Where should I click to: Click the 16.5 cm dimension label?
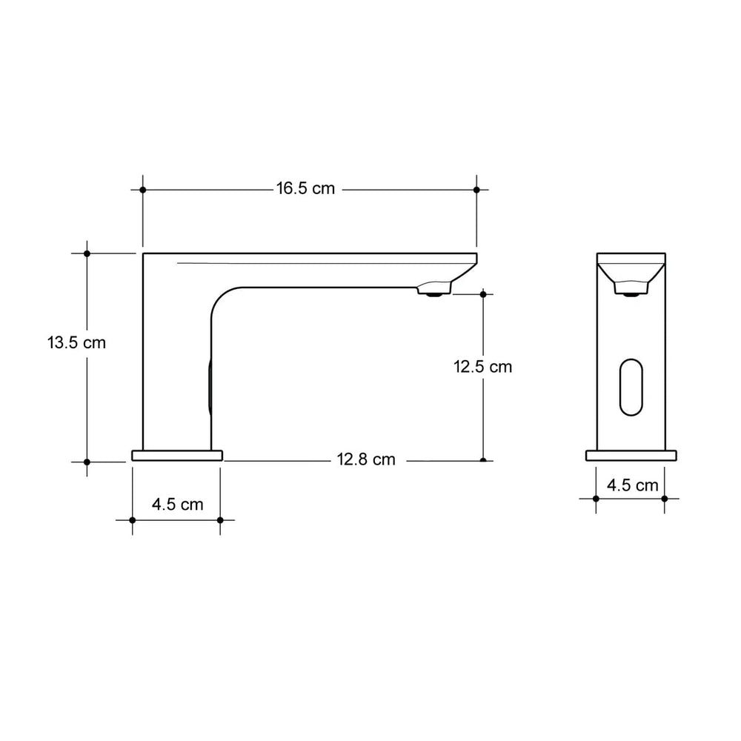pos(305,189)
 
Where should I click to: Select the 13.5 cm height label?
pos(76,343)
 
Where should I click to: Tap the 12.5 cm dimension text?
pos(482,366)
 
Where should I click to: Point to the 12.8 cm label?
pos(366,460)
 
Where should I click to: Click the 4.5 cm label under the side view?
pos(177,505)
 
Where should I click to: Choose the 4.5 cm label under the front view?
pos(632,485)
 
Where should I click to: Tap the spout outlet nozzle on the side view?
pos(433,291)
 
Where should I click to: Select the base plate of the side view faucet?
pos(176,455)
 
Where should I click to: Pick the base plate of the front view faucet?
pos(631,455)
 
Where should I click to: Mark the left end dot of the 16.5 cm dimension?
pos(142,190)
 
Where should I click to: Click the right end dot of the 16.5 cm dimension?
pos(476,190)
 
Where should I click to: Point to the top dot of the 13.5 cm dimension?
pos(87,253)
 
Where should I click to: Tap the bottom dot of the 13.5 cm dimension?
pos(87,462)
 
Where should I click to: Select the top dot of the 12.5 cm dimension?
pos(483,294)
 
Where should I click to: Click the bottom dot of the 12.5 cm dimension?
pos(483,460)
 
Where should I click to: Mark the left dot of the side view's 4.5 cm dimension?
pos(133,520)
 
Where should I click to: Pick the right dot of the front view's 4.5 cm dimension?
pos(665,499)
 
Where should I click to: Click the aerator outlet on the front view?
pos(631,292)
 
